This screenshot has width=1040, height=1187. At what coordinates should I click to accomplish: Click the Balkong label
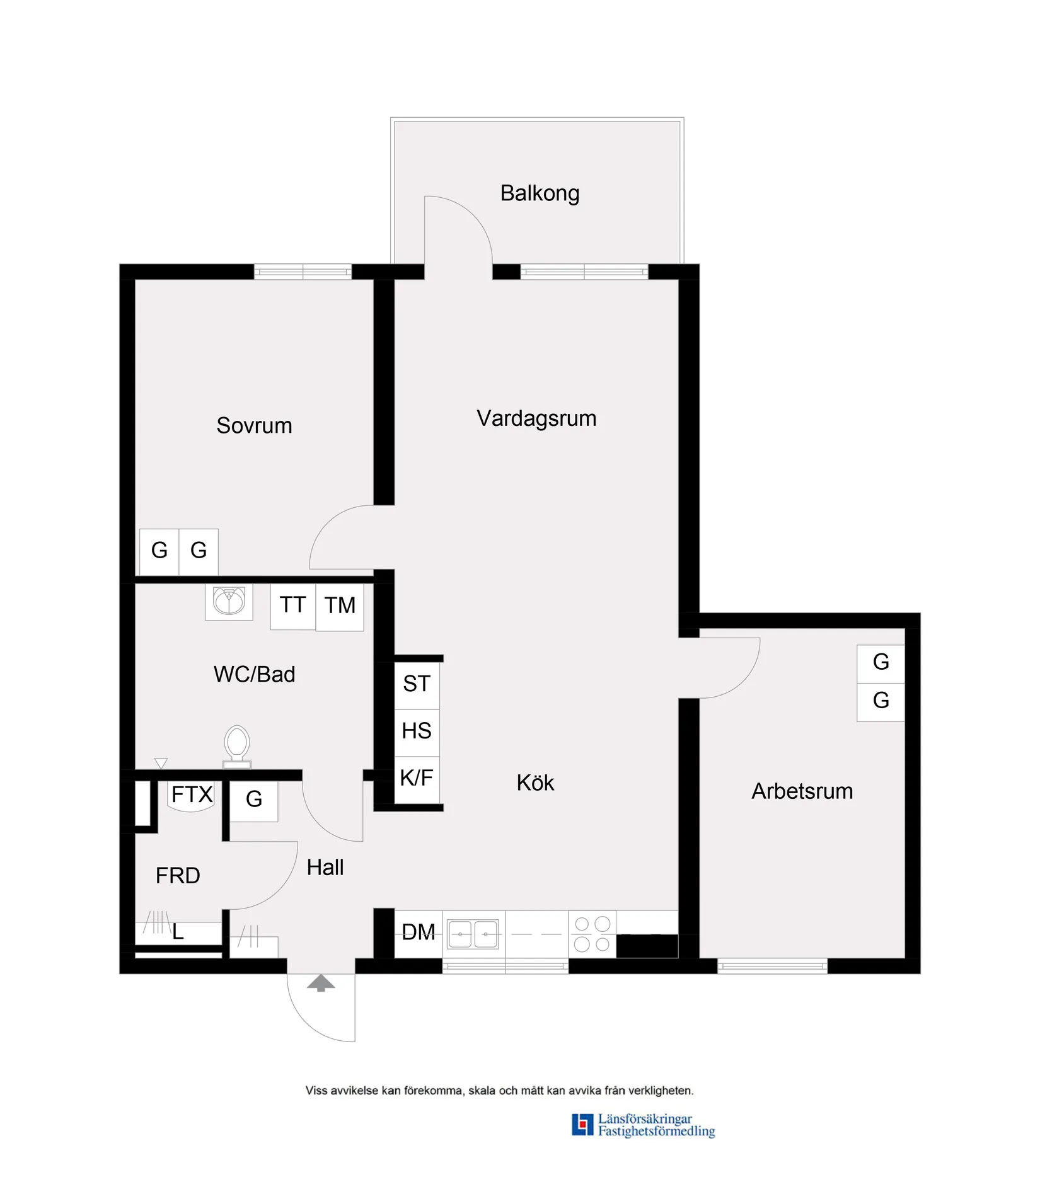(540, 193)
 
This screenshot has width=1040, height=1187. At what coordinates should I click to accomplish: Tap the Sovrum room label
(254, 425)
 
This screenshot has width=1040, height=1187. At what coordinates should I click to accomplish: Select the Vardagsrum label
(536, 418)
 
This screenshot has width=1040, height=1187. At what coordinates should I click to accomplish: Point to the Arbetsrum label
(802, 791)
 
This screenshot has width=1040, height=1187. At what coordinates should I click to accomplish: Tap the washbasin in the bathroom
(229, 601)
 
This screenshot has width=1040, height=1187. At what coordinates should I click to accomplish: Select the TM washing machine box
(340, 605)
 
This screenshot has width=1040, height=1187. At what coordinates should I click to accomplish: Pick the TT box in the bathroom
(293, 605)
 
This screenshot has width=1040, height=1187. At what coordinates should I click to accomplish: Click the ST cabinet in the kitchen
(417, 684)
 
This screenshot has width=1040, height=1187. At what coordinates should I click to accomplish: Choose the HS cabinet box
(417, 731)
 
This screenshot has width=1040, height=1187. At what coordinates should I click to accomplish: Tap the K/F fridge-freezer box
(417, 778)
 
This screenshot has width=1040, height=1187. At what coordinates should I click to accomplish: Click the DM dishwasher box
(419, 932)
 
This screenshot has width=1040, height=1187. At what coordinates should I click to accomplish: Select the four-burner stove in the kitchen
(592, 934)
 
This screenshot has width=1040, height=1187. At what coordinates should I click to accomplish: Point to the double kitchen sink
(473, 934)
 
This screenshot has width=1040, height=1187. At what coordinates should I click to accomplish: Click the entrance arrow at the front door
(321, 983)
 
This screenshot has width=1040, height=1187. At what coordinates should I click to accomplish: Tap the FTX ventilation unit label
(192, 795)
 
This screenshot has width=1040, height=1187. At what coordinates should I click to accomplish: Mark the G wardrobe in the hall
(254, 800)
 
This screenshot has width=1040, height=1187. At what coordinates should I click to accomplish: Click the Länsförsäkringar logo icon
(582, 1125)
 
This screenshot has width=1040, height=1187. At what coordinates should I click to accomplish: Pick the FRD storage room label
(178, 875)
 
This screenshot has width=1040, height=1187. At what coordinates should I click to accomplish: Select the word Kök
(535, 783)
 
